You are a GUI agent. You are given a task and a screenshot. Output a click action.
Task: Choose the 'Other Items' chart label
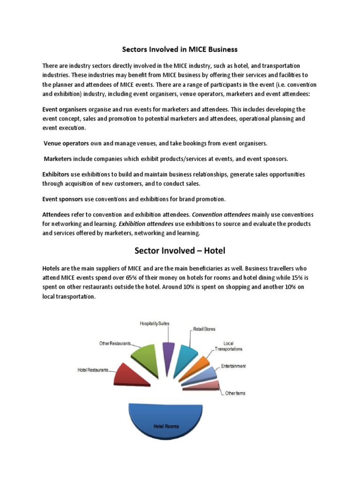(x=235, y=393)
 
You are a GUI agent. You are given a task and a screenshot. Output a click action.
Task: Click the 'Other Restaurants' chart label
(x=114, y=343)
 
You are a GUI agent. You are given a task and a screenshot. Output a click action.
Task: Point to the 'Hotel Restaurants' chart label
(x=93, y=370)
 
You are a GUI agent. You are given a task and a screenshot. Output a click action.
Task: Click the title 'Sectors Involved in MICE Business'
(x=180, y=49)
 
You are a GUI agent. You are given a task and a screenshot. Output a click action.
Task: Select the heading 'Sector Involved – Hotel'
(x=180, y=251)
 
